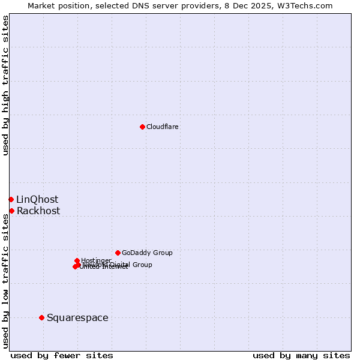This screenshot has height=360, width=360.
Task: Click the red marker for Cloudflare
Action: tap(142, 127)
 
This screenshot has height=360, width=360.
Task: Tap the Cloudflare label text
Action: tap(163, 127)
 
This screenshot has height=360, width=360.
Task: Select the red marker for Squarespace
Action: tap(41, 317)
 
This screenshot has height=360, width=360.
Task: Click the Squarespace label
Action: tap(77, 318)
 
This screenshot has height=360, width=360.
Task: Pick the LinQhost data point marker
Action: tap(11, 199)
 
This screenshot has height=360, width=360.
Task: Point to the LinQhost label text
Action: tap(37, 200)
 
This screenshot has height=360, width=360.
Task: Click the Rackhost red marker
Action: tap(11, 211)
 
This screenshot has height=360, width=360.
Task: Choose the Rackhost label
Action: tap(38, 211)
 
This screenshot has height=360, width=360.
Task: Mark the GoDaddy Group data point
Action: tap(118, 253)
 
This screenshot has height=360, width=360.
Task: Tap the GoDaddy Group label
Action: tap(147, 253)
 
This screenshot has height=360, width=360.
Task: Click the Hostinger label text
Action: tap(96, 260)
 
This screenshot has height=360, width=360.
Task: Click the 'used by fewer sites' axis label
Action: tap(62, 356)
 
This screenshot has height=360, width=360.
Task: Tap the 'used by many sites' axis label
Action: tap(301, 356)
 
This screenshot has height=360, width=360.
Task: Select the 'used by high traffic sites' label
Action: tap(6, 85)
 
